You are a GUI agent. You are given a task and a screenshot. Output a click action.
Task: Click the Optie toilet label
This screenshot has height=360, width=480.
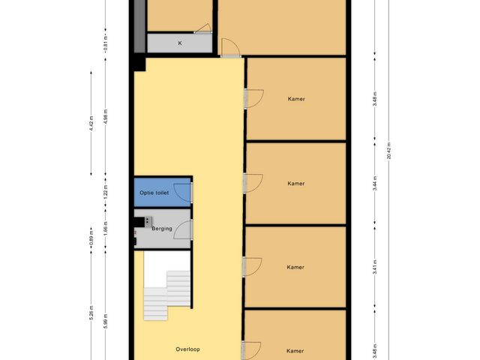[x=154, y=193]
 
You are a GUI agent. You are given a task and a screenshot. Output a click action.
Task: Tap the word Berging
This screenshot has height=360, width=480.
[x=162, y=228]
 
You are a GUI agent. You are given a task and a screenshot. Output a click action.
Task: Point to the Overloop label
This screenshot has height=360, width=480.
[x=187, y=349]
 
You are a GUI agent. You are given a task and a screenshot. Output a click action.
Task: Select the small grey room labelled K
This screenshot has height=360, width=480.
[x=179, y=43]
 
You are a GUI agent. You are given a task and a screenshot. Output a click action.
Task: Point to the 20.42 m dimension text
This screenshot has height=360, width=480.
[x=389, y=149]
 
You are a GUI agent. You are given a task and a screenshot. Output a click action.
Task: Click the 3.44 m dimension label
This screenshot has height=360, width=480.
[x=374, y=184]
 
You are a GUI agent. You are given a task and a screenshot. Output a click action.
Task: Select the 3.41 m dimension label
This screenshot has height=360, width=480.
[x=374, y=267]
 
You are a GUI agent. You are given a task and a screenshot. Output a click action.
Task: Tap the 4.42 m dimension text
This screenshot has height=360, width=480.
[x=91, y=122]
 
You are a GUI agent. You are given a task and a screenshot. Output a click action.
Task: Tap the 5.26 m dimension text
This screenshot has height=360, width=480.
[x=91, y=314]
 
